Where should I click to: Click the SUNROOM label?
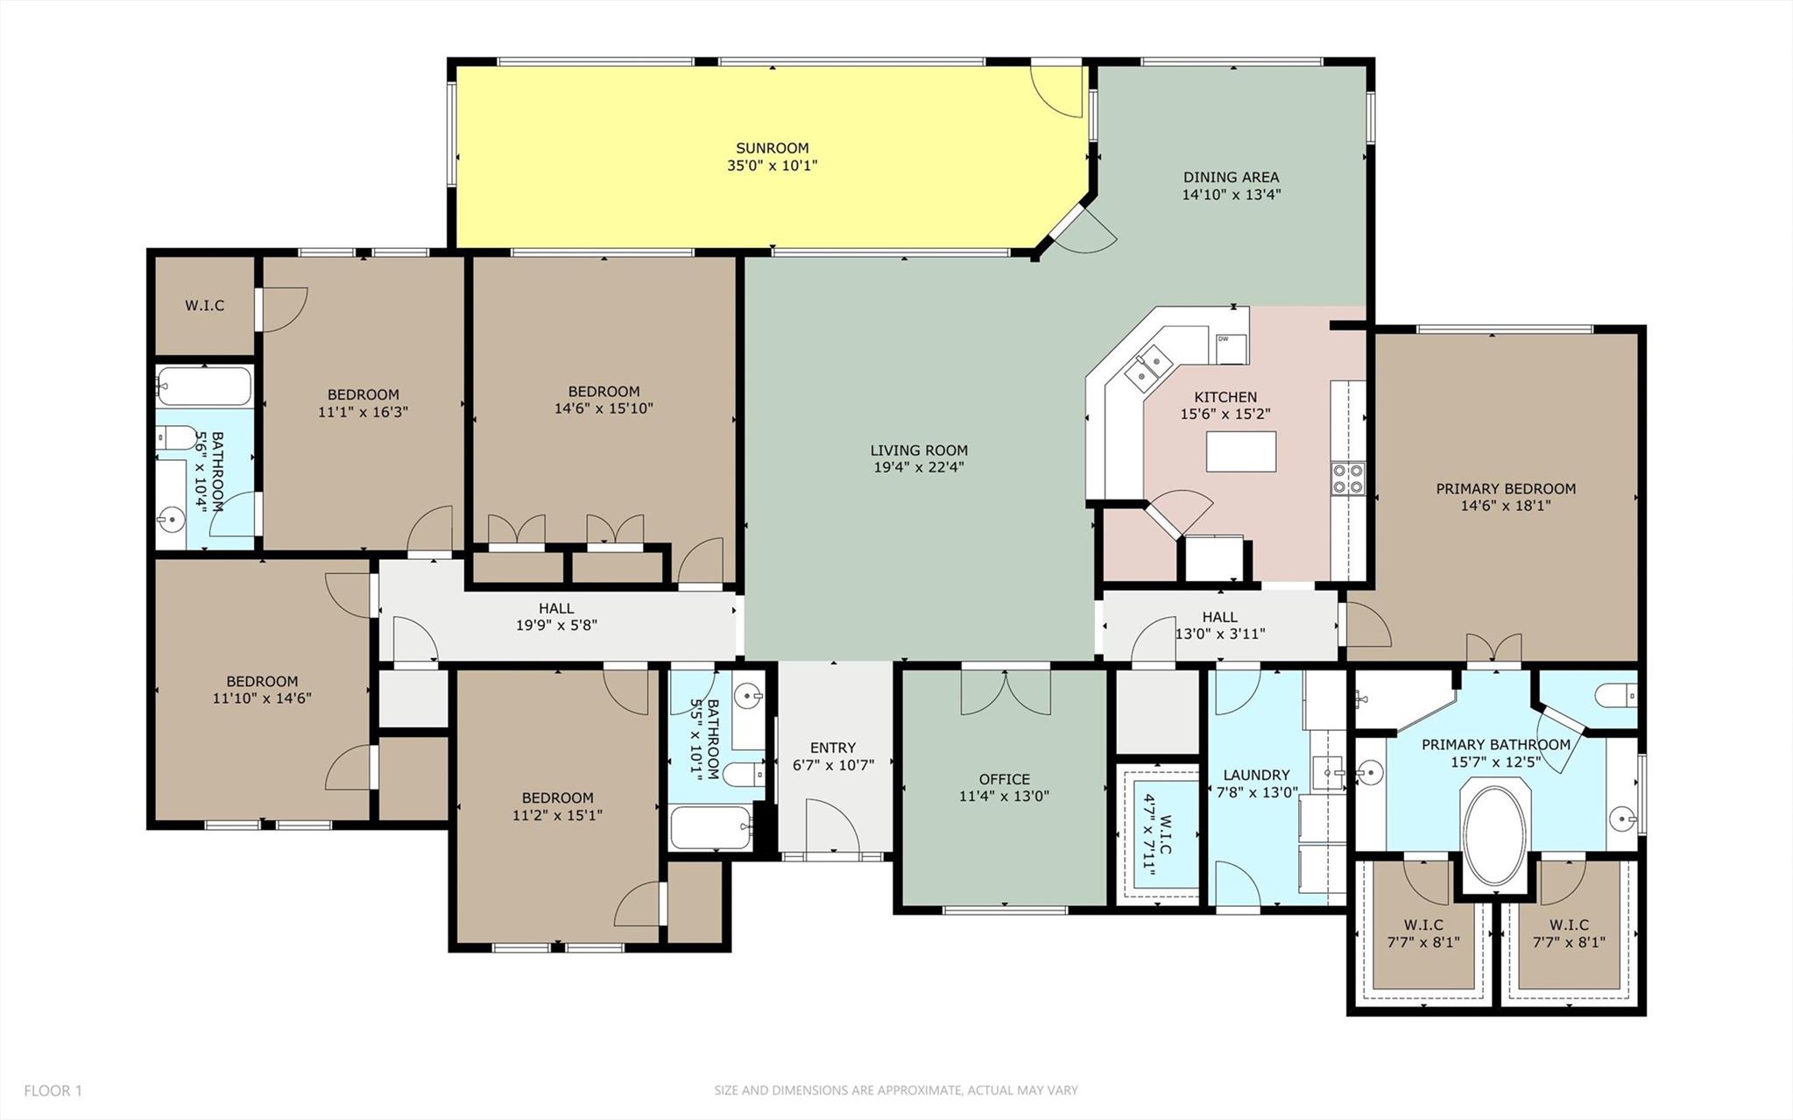(x=772, y=148)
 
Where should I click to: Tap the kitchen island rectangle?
(x=1240, y=451)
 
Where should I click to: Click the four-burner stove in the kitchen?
(x=1347, y=478)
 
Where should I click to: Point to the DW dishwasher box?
(x=1231, y=348)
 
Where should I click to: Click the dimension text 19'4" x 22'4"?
(x=919, y=467)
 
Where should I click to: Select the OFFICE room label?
(x=1004, y=779)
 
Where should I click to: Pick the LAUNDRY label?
(x=1256, y=775)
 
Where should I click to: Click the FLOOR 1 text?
(x=53, y=1090)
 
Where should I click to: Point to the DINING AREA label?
(x=1231, y=177)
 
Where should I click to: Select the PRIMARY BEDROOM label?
(x=1505, y=488)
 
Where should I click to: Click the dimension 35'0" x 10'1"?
(x=772, y=166)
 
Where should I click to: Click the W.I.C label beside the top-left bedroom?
(x=204, y=305)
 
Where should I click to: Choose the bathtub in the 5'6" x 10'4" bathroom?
(x=204, y=386)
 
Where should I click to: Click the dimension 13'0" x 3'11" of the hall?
(x=1219, y=634)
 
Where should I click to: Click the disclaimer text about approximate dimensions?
(x=895, y=1090)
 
